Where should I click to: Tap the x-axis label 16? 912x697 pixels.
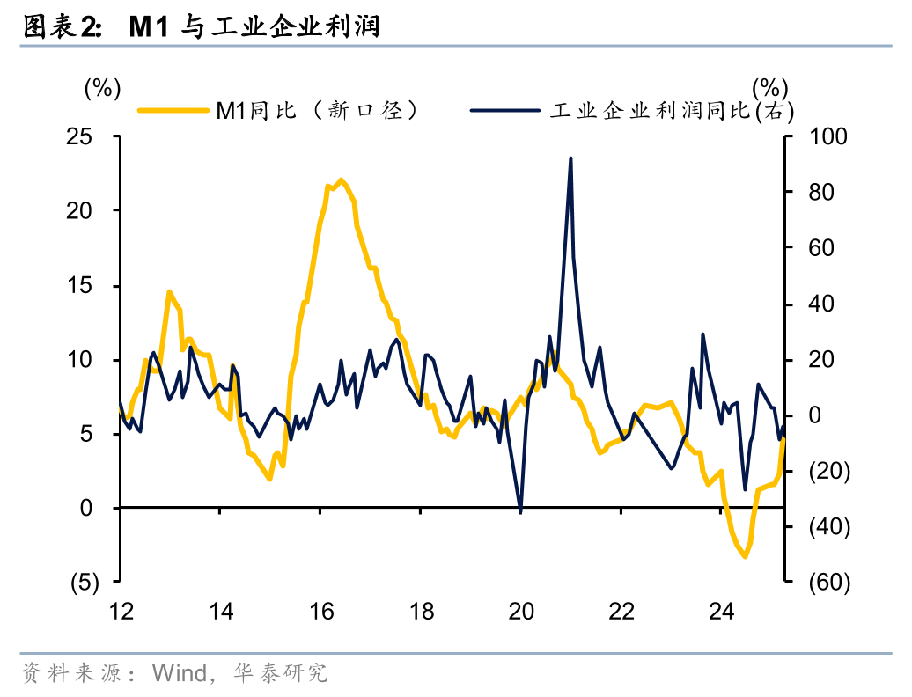coord(321,611)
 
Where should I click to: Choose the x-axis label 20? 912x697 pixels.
coord(522,611)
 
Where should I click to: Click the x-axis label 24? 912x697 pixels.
coord(722,611)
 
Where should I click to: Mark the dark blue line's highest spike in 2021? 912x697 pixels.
coord(570,158)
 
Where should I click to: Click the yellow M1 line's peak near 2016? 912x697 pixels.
coord(342,180)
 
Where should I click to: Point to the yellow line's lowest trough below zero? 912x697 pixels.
coord(745,556)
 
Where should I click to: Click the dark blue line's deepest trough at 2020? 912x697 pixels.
coord(521,511)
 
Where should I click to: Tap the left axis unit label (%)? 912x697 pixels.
coord(101,87)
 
